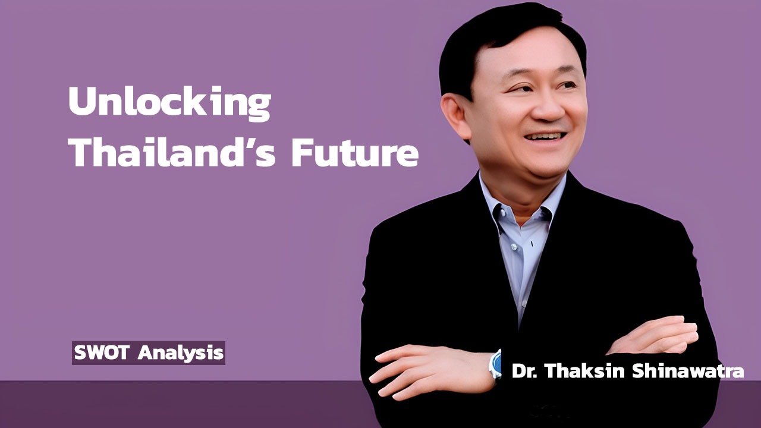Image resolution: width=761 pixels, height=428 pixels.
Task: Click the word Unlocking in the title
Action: pyautogui.click(x=169, y=102)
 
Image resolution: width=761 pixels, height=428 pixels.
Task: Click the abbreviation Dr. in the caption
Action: pyautogui.click(x=525, y=372)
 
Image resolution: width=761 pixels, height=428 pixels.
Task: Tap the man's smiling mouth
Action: pyautogui.click(x=545, y=136)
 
